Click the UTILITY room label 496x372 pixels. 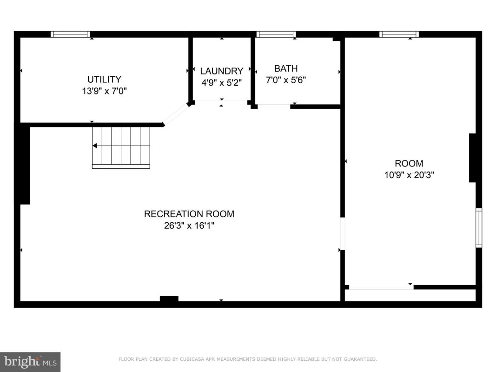tap(104, 79)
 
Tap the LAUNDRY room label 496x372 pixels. tap(221, 71)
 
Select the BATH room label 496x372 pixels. tap(285, 68)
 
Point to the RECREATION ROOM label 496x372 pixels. tap(189, 214)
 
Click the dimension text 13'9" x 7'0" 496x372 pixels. tap(105, 91)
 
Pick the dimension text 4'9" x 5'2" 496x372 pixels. tap(221, 83)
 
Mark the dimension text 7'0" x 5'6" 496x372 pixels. tap(285, 80)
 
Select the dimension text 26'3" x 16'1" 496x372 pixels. tap(189, 226)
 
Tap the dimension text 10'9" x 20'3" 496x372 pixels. tap(409, 175)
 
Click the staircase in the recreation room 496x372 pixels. tap(121, 147)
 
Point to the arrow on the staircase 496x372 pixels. tap(94, 146)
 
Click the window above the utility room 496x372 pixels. tap(71, 34)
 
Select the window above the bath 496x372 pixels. tap(276, 34)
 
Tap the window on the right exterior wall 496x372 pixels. tap(479, 228)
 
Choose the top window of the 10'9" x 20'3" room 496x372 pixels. tap(399, 34)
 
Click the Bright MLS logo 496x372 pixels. tap(30, 362)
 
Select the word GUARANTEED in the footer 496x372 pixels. tap(360, 359)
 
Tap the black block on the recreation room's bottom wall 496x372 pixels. tap(169, 299)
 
